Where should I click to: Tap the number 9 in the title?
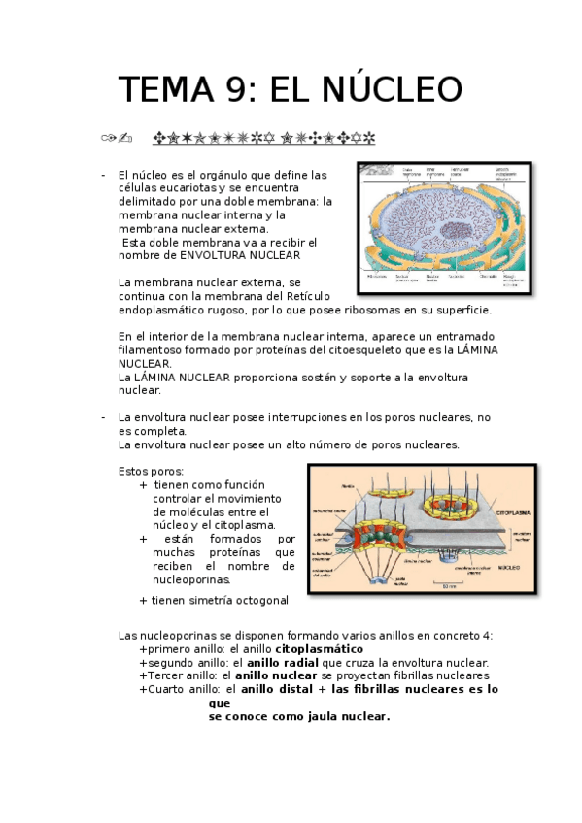point(230,89)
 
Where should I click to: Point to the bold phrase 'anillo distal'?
point(277,689)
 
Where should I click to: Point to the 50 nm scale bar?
point(450,583)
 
